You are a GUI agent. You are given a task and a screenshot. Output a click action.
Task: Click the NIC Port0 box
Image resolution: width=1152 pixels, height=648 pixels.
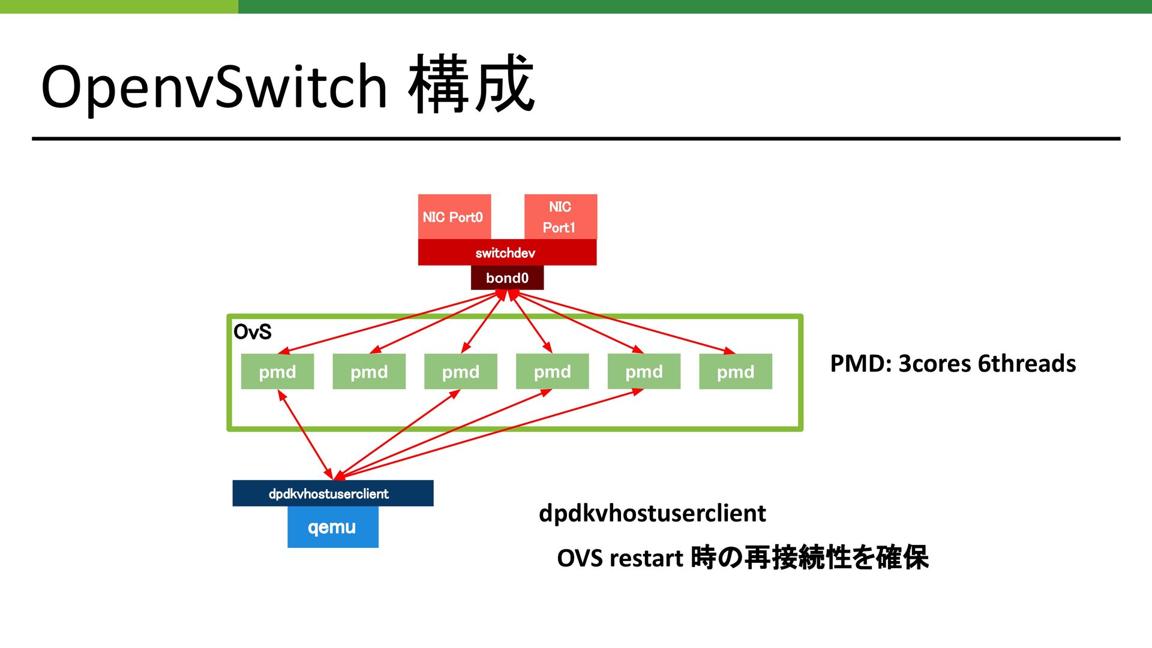(454, 216)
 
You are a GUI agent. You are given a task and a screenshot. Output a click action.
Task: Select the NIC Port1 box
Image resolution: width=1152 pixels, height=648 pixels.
(560, 216)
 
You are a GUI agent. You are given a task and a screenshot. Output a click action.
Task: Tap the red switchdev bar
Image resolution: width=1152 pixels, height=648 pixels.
(507, 252)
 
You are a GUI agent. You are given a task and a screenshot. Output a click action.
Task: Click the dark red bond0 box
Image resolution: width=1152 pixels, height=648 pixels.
(507, 278)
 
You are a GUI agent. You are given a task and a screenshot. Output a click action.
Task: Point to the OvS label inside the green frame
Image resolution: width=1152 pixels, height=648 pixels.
(252, 331)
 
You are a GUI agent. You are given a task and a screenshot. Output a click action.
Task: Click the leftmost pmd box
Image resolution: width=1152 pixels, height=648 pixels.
(277, 372)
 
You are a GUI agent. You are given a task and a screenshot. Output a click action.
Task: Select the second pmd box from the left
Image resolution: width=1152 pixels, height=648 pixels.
(369, 372)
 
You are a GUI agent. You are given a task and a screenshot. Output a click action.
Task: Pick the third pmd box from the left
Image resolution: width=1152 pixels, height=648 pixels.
(461, 372)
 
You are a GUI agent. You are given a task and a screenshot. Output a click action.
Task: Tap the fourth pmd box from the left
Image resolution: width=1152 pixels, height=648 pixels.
(552, 372)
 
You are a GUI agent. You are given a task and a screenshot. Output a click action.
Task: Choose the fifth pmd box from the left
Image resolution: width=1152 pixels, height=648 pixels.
(644, 372)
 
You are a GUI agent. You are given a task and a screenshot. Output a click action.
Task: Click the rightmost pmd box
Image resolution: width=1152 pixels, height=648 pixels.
(736, 372)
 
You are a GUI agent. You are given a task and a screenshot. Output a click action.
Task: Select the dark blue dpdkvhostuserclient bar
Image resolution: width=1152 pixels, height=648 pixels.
(333, 493)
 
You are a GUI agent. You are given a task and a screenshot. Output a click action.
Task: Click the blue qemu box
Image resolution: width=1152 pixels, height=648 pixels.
(333, 527)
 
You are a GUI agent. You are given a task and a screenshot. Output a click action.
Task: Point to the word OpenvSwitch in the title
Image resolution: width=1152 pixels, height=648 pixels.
(214, 87)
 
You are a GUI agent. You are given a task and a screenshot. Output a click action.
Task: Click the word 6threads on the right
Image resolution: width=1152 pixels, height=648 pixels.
(1027, 364)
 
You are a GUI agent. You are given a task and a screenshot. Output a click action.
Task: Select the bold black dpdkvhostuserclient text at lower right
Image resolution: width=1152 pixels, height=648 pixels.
(652, 514)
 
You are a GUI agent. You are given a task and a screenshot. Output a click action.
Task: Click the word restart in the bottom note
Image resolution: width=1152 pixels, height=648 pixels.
(646, 559)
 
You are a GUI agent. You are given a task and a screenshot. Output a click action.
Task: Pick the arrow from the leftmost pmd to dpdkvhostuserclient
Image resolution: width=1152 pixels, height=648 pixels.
(305, 435)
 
